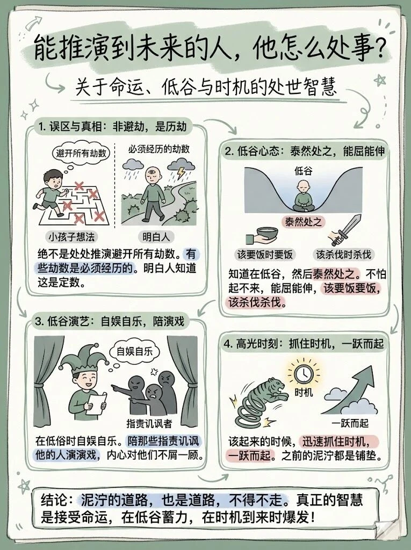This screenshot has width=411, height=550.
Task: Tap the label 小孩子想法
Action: pos(70,236)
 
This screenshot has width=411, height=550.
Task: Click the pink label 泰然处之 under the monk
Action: pos(304,221)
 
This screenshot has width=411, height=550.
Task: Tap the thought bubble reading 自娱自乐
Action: pos(131,352)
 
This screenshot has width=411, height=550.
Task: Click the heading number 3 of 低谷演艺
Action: pos(38,322)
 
